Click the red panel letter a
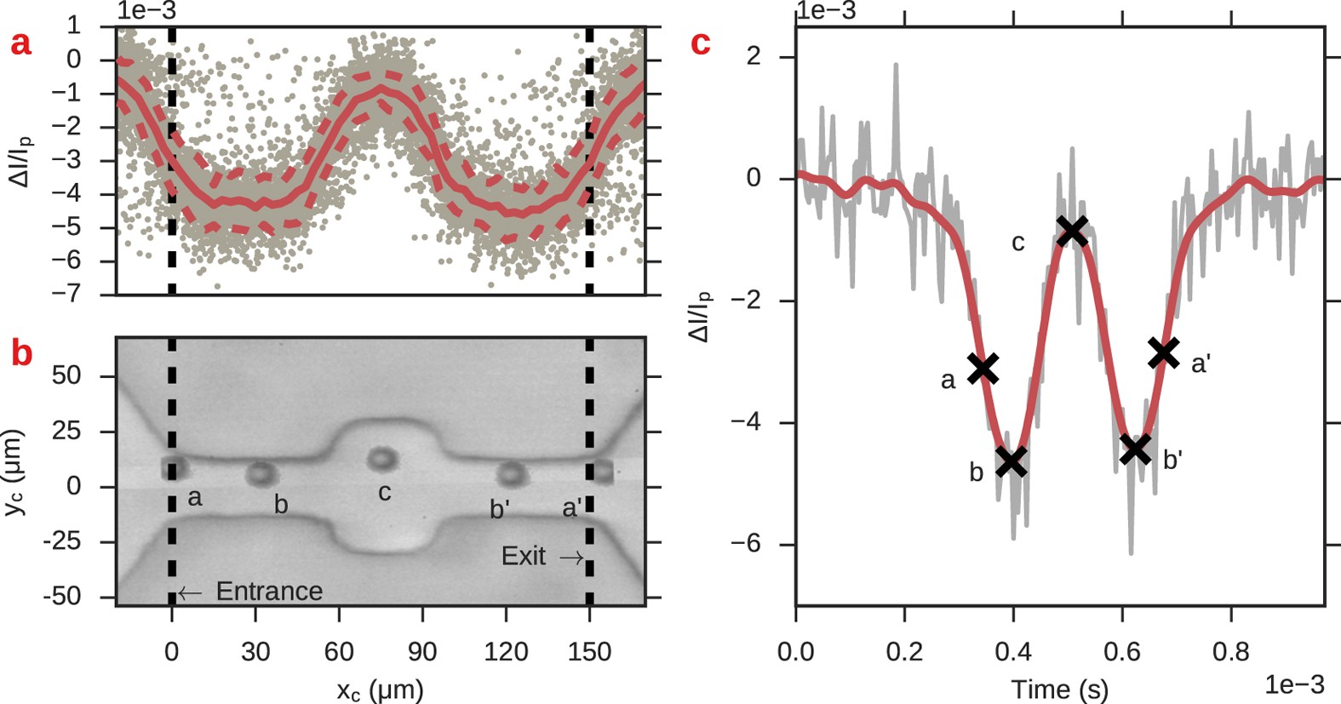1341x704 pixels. (20, 43)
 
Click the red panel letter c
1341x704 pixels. (700, 43)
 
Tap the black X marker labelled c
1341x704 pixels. (1072, 230)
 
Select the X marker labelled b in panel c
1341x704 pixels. (1011, 462)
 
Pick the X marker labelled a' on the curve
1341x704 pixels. (1163, 352)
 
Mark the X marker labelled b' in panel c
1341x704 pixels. (1135, 449)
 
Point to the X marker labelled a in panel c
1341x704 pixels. (983, 368)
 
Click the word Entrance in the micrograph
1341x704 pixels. (269, 591)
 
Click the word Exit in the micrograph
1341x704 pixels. (523, 557)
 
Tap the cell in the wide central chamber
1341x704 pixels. (382, 459)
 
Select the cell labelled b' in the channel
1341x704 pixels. (510, 474)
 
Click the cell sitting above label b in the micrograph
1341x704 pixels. (261, 474)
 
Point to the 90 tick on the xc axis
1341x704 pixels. (422, 652)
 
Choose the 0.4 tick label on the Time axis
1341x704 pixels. (1013, 653)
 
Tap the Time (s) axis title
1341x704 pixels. (1059, 688)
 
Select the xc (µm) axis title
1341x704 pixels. (380, 689)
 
